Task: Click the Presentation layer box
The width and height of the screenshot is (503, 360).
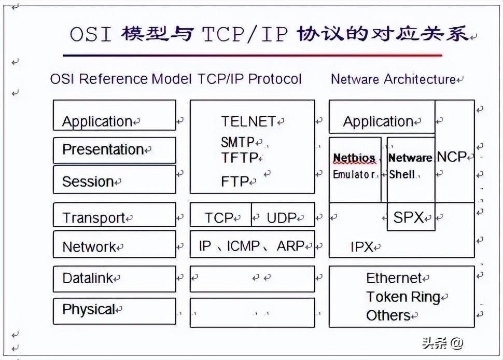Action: [114, 150]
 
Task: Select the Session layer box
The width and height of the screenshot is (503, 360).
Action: [114, 180]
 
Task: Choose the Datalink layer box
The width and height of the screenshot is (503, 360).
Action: [114, 279]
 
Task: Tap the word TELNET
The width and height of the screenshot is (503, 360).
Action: [248, 121]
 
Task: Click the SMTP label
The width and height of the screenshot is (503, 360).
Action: [238, 142]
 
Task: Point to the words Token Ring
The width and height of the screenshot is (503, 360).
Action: [403, 297]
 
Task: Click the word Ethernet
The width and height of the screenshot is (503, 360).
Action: [394, 279]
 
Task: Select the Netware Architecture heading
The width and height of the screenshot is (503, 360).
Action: [393, 79]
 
